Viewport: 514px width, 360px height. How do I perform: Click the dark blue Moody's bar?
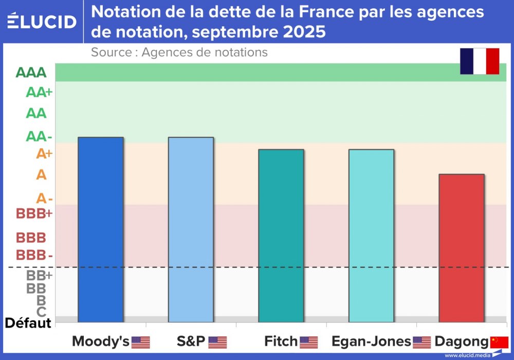point(101,229)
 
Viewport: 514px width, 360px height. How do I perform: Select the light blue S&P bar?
point(191,229)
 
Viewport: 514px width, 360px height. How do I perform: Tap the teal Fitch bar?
point(281,236)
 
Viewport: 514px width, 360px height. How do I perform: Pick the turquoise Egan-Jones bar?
point(371,236)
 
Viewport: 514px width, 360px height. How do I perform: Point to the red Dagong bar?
point(462,248)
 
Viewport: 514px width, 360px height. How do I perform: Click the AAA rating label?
point(31,73)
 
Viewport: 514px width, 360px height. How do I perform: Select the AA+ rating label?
point(40,93)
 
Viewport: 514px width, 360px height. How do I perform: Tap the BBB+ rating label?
point(34,213)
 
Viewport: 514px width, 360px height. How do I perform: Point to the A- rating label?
point(44,199)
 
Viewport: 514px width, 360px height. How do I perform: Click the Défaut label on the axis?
point(28,323)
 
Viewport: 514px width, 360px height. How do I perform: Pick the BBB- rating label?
point(34,255)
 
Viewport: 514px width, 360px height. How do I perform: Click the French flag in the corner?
point(480,61)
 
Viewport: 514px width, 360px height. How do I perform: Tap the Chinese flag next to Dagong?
point(499,342)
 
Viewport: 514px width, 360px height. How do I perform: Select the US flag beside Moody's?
point(141,342)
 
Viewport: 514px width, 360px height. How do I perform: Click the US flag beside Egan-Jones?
point(422,342)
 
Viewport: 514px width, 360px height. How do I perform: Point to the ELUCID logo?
point(42,22)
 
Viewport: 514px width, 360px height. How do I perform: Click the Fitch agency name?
point(281,341)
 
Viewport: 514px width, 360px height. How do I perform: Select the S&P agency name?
point(191,341)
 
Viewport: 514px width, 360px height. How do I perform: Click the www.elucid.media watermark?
point(466,355)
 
